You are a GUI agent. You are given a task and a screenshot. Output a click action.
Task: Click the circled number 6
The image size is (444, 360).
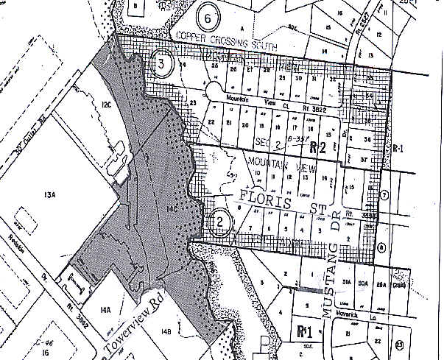coord(208,18)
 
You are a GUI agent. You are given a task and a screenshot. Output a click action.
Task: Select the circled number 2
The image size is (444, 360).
coord(219,220)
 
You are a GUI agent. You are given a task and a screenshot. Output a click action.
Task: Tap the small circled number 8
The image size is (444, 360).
coord(381,248)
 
